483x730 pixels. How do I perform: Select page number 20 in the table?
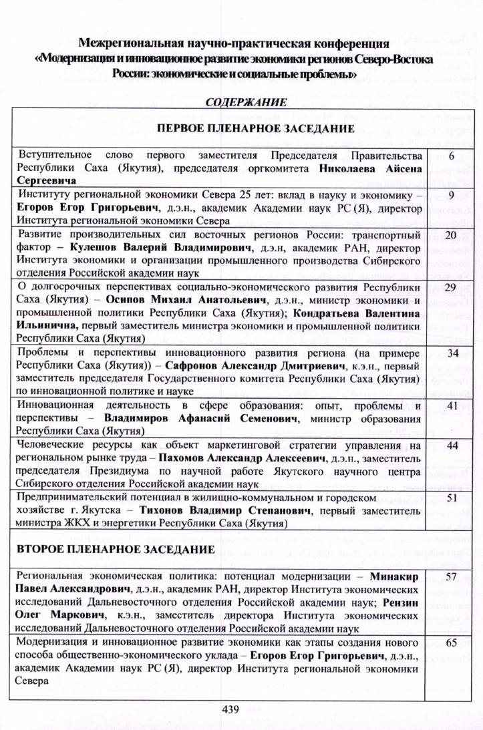pyautogui.click(x=450, y=235)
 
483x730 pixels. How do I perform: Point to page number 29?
pyautogui.click(x=450, y=287)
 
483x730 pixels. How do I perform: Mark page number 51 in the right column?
pyautogui.click(x=451, y=498)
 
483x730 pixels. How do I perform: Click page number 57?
pyautogui.click(x=451, y=575)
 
